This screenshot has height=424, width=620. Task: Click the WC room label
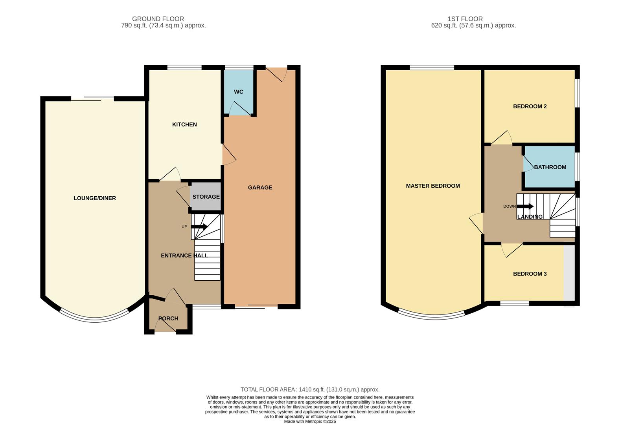point(238,92)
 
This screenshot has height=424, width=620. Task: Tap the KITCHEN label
point(184,124)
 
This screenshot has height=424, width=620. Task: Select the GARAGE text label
point(260,188)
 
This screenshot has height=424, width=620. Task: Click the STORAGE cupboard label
point(206,197)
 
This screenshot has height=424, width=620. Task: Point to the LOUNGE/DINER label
point(95,198)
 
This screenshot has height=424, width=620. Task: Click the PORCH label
point(168,318)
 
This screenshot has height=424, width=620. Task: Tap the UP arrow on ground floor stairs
point(199,227)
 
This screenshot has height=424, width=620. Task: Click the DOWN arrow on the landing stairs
point(525,206)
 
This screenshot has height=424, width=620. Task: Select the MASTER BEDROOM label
point(433,186)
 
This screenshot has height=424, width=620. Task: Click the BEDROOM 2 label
point(530,106)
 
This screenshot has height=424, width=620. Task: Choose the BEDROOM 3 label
point(530,274)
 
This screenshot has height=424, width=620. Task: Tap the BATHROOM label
point(550,167)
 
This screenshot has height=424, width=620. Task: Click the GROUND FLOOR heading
point(158,19)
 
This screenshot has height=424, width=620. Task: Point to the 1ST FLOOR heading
point(465,19)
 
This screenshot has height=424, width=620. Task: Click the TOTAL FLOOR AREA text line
point(310,389)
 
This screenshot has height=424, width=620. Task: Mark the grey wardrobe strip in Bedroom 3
point(569,273)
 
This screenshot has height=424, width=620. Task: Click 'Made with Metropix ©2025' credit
point(310,421)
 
